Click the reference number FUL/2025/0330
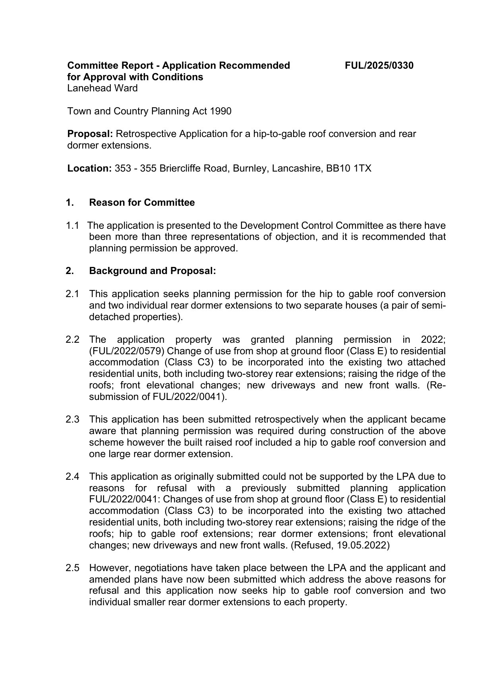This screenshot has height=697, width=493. pos(379,66)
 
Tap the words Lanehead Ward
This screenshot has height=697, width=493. pos(102,88)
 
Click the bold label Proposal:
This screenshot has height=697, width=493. pos(90,134)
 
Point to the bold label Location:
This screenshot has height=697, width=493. pos(89,168)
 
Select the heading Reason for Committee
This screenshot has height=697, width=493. pos(142,203)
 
